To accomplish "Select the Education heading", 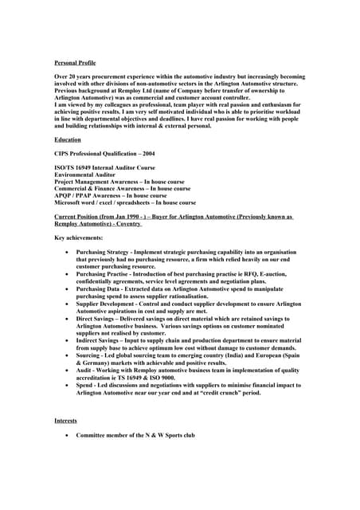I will pyautogui.click(x=68, y=139).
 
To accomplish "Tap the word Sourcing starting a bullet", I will pyautogui.click(x=88, y=355).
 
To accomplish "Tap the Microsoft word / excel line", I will pyautogui.click(x=124, y=202).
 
